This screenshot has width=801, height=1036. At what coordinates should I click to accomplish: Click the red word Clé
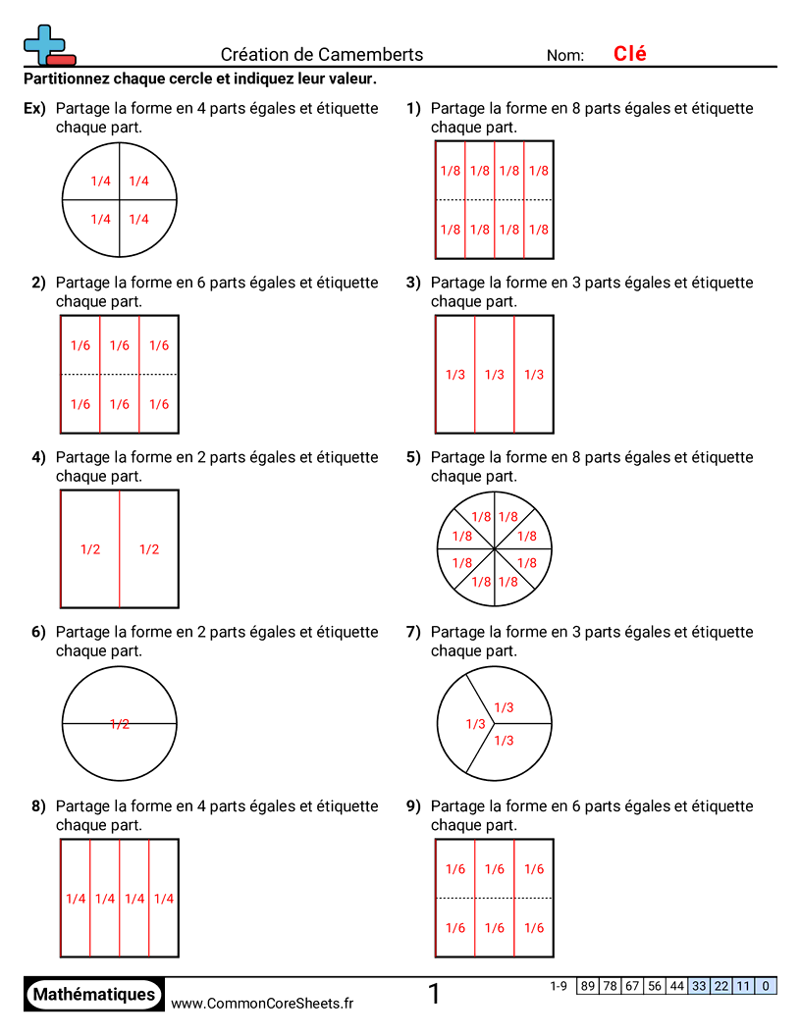click(x=629, y=54)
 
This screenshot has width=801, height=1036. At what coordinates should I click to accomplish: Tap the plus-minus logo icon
click(x=48, y=45)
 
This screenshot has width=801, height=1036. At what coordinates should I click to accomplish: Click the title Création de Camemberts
click(x=322, y=55)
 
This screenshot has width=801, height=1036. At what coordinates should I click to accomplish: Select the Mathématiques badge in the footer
click(x=94, y=995)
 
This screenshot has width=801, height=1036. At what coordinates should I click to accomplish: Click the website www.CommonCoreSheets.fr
click(x=262, y=1003)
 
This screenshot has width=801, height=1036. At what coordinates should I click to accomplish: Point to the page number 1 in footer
click(x=434, y=995)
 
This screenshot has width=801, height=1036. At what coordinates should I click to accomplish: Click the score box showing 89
click(x=588, y=987)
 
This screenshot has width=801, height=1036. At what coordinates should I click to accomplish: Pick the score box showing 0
click(x=766, y=987)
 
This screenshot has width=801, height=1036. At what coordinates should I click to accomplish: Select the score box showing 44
click(x=677, y=987)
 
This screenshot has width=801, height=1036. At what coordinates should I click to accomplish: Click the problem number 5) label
click(x=413, y=457)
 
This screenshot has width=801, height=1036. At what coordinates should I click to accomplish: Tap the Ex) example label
click(x=34, y=108)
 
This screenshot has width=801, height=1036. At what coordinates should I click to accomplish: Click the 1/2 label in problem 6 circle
click(x=120, y=724)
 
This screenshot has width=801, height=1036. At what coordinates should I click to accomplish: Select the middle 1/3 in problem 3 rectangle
click(x=495, y=375)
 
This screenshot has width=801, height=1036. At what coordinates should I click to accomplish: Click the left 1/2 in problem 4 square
click(x=90, y=549)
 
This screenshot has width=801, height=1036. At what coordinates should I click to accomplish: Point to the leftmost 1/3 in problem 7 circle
click(x=475, y=724)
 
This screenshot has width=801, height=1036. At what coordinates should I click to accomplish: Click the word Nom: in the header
click(x=565, y=56)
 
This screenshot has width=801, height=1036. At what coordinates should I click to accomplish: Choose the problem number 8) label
click(x=38, y=806)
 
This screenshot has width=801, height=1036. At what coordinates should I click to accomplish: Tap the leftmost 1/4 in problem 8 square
click(x=76, y=899)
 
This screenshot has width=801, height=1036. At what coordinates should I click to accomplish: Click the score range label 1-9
click(x=559, y=986)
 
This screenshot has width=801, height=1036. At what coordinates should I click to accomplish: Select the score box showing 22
click(x=721, y=987)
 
